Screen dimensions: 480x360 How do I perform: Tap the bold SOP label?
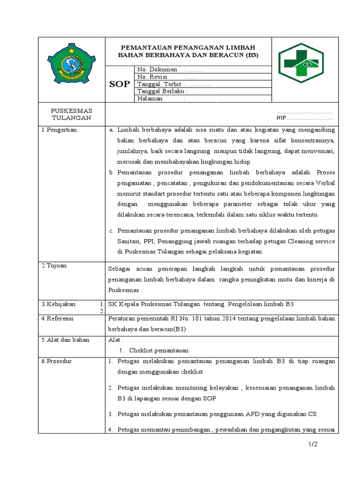click(120, 84)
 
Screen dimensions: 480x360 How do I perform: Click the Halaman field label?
click(150, 99)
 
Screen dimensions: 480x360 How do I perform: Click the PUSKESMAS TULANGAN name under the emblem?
click(72, 114)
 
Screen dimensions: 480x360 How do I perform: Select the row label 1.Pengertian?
click(59, 130)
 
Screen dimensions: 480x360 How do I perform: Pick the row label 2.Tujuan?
click(54, 266)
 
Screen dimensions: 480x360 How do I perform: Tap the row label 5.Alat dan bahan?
click(65, 340)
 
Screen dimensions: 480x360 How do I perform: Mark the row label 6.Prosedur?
click(56, 361)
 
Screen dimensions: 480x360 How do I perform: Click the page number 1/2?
click(313, 445)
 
